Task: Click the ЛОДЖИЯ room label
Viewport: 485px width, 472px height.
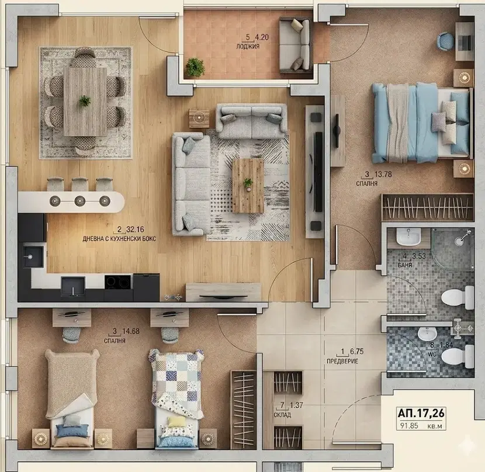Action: (248, 47)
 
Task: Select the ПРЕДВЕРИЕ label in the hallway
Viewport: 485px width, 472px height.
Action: (342, 361)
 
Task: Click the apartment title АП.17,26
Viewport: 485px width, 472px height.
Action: (421, 412)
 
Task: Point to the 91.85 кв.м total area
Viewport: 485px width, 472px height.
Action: (421, 426)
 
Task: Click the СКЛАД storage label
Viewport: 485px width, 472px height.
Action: (282, 415)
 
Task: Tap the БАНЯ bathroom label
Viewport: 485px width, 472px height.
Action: (405, 265)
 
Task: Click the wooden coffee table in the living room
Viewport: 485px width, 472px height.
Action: (248, 186)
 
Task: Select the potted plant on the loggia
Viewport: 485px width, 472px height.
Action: (195, 67)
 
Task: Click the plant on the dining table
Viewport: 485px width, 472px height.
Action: (85, 101)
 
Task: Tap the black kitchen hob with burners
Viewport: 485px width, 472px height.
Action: (119, 282)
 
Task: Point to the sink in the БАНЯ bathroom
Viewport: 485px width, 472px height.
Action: (408, 238)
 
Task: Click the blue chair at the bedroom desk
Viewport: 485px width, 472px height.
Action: (445, 41)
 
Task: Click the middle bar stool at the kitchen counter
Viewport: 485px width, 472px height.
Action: (80, 184)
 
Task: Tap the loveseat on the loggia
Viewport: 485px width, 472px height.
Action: (295, 46)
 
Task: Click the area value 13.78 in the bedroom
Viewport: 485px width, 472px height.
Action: (383, 174)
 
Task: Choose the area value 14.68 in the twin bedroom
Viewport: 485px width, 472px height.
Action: (131, 331)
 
